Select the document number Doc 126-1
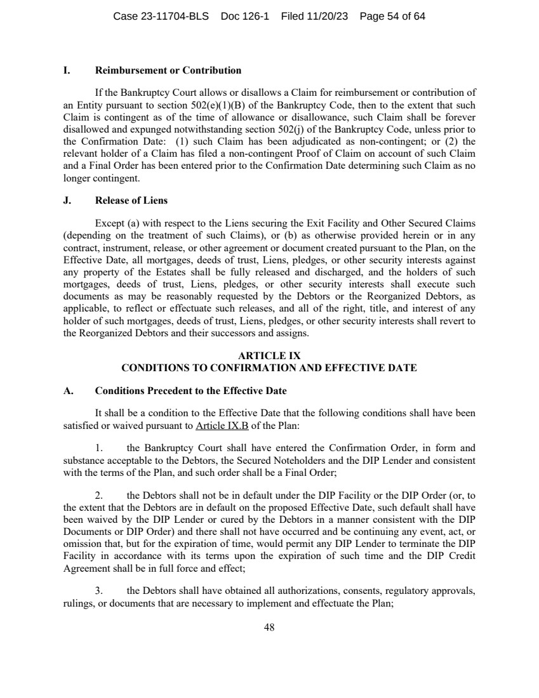245,16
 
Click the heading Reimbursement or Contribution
168,70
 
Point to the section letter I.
66,70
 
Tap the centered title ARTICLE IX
269,357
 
